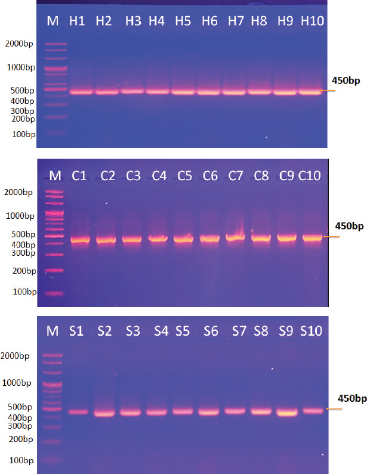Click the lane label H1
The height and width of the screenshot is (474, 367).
[77, 21]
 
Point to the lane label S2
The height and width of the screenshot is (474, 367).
[105, 331]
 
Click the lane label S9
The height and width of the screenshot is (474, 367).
[286, 331]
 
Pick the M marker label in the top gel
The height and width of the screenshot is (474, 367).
[53, 21]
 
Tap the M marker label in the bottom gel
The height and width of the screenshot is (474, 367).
[53, 331]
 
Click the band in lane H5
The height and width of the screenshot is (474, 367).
[183, 92]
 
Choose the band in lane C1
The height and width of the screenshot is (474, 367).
[79, 240]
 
